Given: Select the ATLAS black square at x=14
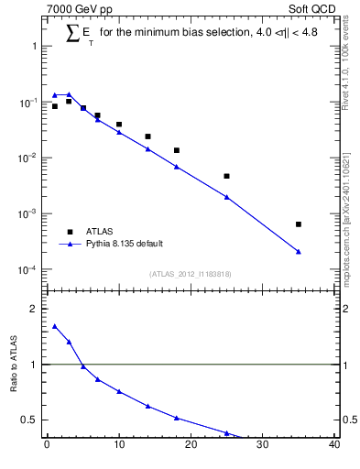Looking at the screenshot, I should [x=147, y=136].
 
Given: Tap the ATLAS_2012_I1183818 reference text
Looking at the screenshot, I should [x=191, y=274].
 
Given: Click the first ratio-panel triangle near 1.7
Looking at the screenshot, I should [x=55, y=326].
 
